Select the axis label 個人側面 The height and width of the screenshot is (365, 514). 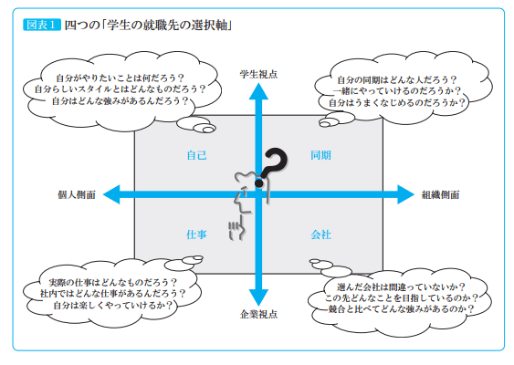pyautogui.click(x=75, y=194)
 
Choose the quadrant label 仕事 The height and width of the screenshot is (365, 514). pyautogui.click(x=196, y=235)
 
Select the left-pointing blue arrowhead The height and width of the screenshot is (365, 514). pyautogui.click(x=112, y=193)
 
